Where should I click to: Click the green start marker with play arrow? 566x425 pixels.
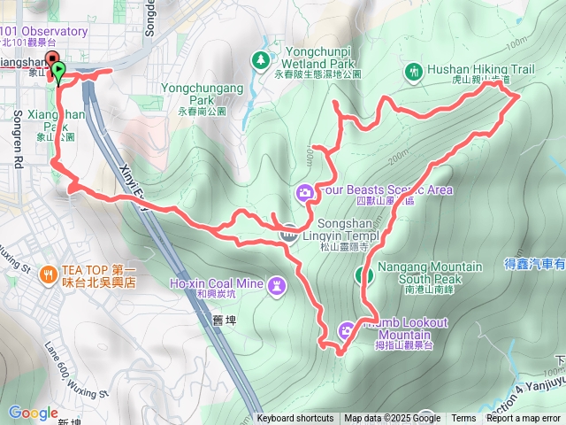click(x=58, y=70)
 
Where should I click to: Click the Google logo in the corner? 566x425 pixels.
click(x=33, y=413)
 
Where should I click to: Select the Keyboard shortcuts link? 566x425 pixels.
click(x=295, y=419)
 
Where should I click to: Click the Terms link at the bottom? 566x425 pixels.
click(x=463, y=419)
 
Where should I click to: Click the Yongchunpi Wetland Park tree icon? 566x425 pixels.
click(x=261, y=59)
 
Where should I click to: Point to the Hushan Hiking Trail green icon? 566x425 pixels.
click(x=413, y=70)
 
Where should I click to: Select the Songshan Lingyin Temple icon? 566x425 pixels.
click(x=288, y=234)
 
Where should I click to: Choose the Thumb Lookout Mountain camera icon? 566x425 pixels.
click(x=346, y=330)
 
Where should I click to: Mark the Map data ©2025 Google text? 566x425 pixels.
click(x=392, y=419)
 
